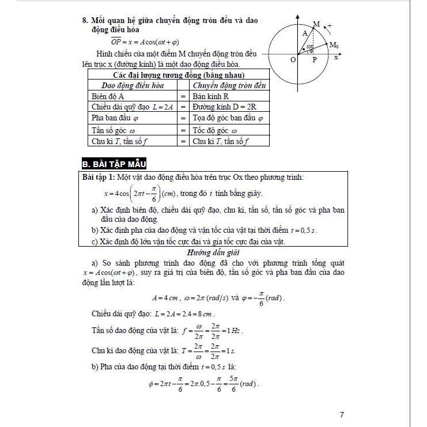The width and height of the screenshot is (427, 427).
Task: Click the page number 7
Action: [x=342, y=414]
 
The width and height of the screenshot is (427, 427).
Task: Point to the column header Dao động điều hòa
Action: [x=129, y=85]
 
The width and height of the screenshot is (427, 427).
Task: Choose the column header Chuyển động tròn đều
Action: [x=229, y=85]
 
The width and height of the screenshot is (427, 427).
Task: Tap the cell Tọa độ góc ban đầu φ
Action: [x=228, y=119]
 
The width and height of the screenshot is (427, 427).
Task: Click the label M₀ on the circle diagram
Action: [x=334, y=45]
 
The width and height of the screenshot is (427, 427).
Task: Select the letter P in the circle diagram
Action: [x=315, y=59]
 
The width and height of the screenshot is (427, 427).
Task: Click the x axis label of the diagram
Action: [x=335, y=57]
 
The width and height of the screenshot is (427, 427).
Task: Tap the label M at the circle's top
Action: [x=316, y=24]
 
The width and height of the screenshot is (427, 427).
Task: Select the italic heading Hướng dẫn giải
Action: [x=213, y=252]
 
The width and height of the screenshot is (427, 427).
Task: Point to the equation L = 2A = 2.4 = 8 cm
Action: [x=185, y=315]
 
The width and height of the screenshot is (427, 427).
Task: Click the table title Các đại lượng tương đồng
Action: [x=179, y=75]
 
